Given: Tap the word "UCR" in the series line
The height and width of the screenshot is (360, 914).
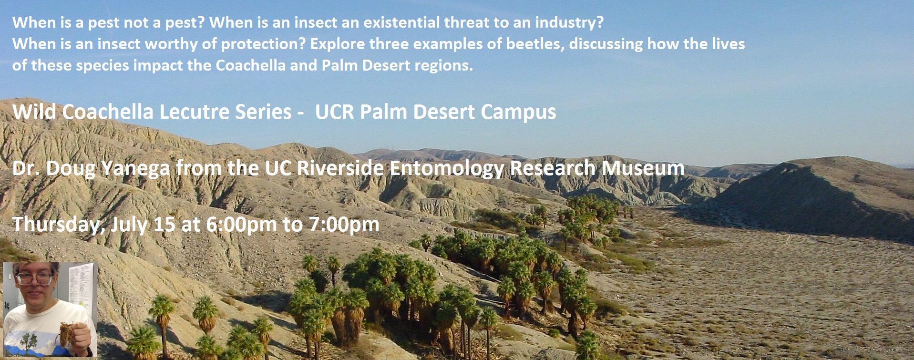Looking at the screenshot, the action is [335, 112].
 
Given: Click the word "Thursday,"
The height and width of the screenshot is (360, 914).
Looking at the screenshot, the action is [59, 225].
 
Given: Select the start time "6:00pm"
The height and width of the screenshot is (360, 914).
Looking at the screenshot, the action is [241, 225].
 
